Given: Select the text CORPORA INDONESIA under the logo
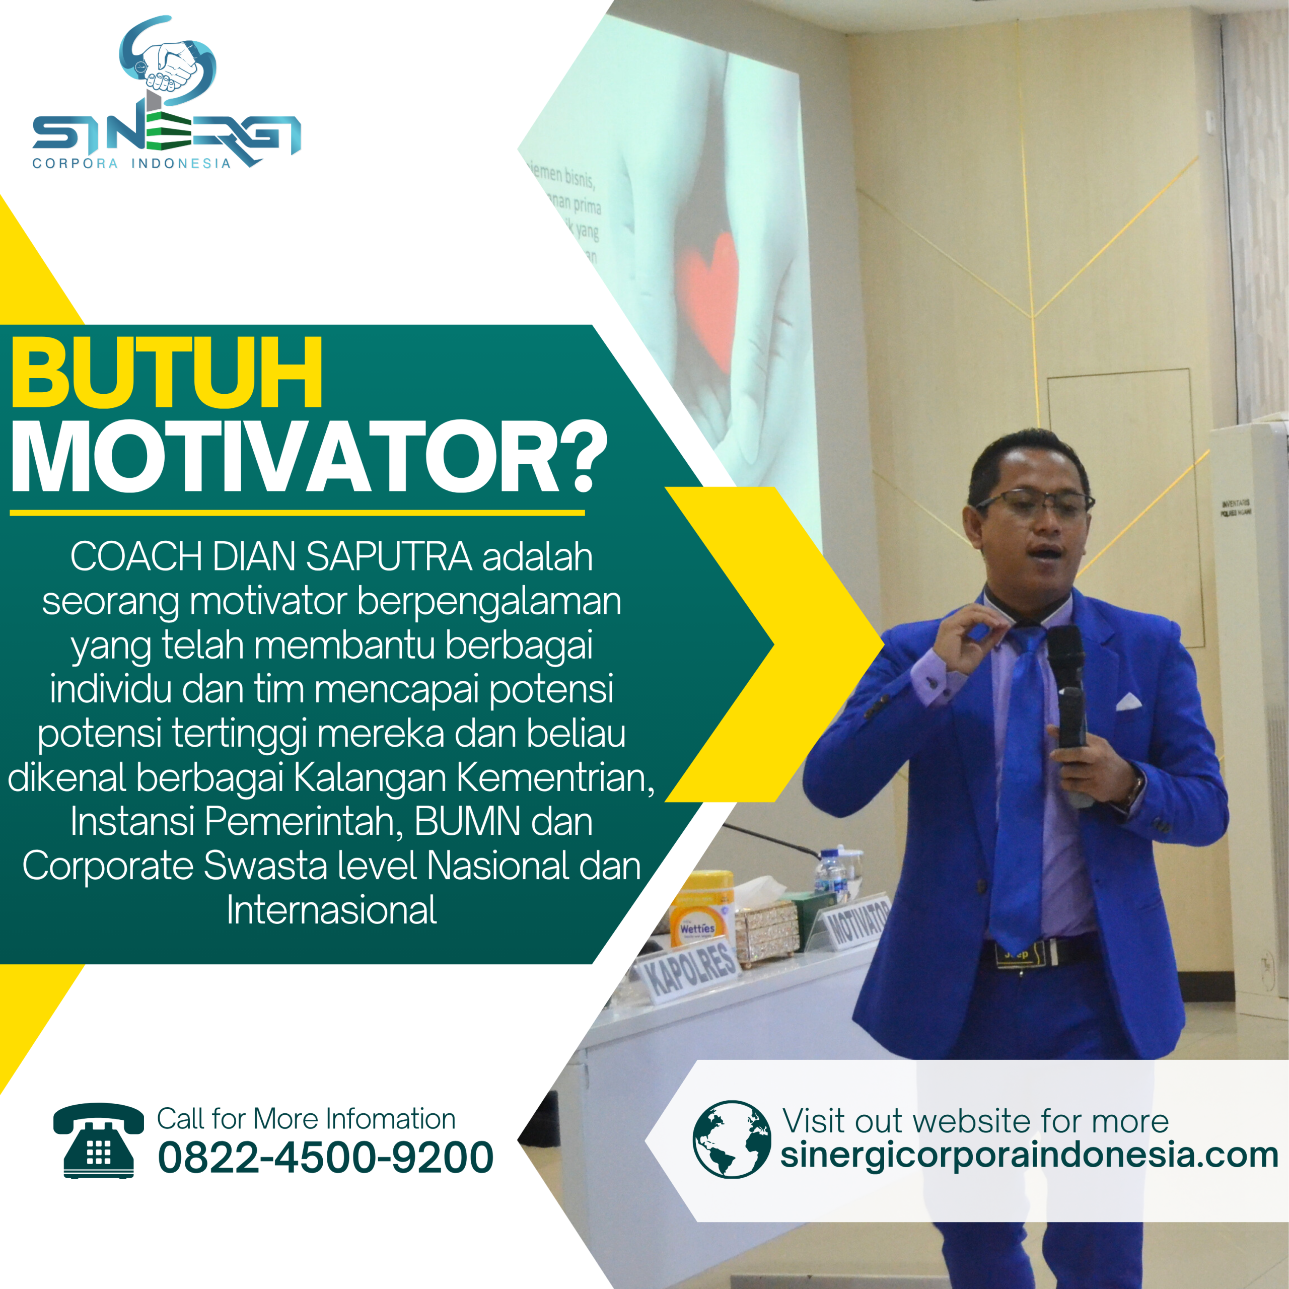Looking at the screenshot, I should coord(131,164).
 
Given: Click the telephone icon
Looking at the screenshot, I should coord(98,1141).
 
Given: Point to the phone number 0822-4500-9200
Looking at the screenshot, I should coord(326,1157).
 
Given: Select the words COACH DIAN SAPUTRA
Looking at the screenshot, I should coord(270,556).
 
